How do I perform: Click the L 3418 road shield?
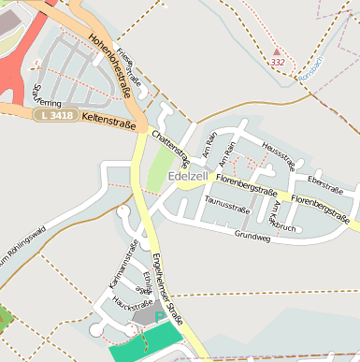pos(54,115)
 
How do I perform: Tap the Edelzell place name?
pos(188,176)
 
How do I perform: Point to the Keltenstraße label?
pos(108,121)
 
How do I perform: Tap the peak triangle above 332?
pos(277,51)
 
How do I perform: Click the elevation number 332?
pos(277,62)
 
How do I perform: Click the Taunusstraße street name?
pos(225,200)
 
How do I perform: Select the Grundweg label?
pos(252,238)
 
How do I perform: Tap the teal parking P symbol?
pos(159,316)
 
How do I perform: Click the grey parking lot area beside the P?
pos(145,318)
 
